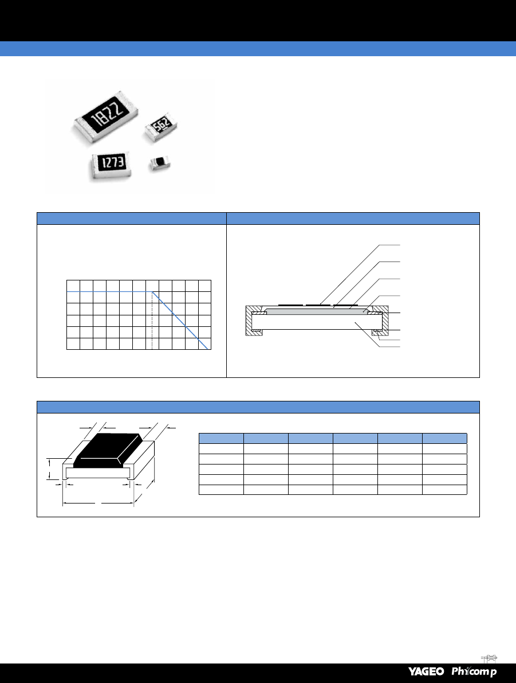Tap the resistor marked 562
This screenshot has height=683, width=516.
pyautogui.click(x=160, y=126)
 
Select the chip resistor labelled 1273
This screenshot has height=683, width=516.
pyautogui.click(x=111, y=165)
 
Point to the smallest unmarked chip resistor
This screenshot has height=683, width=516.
pyautogui.click(x=160, y=163)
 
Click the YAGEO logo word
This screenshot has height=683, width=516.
pyautogui.click(x=426, y=671)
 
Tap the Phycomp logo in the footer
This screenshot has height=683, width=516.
pyautogui.click(x=474, y=671)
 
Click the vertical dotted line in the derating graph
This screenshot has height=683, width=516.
pyautogui.click(x=152, y=320)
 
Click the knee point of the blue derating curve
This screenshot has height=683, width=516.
pyautogui.click(x=152, y=291)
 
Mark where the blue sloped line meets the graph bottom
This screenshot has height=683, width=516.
pyautogui.click(x=207, y=349)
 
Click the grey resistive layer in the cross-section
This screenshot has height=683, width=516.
pyautogui.click(x=316, y=312)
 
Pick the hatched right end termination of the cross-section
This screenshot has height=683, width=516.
pyautogui.click(x=379, y=321)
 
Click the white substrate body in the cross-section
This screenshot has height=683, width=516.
pyautogui.click(x=317, y=322)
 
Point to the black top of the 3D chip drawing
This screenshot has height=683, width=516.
pyautogui.click(x=108, y=450)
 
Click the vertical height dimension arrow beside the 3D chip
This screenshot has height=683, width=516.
pyautogui.click(x=50, y=469)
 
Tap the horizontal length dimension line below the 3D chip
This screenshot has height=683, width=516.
pyautogui.click(x=98, y=504)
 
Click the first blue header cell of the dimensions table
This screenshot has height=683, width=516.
pyautogui.click(x=221, y=438)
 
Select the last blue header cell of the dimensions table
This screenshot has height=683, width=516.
pyautogui.click(x=444, y=438)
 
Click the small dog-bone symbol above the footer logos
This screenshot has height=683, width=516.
pyautogui.click(x=490, y=658)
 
